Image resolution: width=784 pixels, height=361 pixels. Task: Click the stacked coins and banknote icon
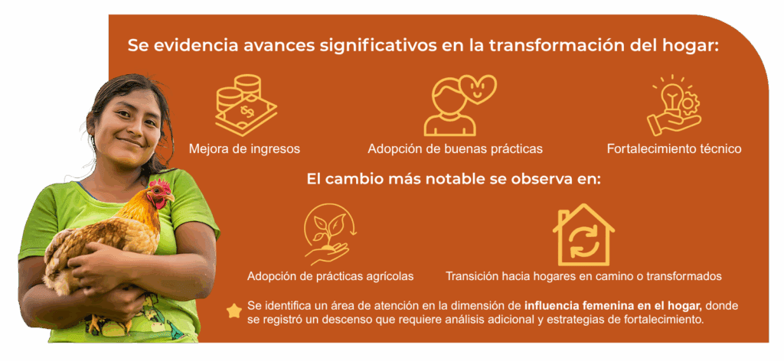(246, 105)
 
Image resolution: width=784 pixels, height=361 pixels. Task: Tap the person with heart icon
(459, 105)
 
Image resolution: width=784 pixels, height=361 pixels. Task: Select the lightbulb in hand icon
(674, 105)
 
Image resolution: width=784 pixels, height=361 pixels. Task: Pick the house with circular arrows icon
(583, 235)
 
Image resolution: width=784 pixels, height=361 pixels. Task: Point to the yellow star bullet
(234, 311)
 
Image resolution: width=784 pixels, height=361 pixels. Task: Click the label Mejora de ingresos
(244, 149)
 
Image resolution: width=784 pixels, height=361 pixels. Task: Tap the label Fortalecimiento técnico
(674, 149)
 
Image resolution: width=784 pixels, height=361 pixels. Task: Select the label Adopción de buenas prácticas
(455, 149)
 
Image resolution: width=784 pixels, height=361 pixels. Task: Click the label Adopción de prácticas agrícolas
(331, 276)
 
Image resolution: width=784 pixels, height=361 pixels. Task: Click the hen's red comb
(159, 184)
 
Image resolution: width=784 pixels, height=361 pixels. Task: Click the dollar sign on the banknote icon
(247, 111)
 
